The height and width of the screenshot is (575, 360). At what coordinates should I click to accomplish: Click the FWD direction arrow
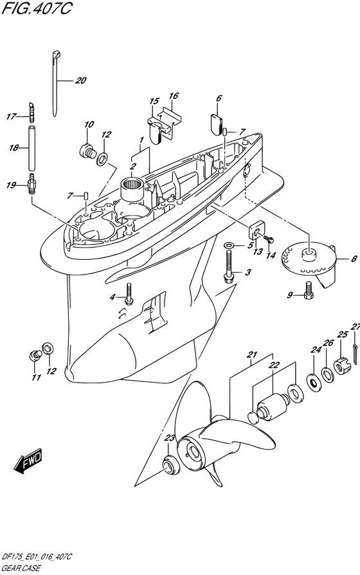28,460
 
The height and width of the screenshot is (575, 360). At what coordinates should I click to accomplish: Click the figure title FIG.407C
37,8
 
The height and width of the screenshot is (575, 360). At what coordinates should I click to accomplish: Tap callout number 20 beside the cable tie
80,80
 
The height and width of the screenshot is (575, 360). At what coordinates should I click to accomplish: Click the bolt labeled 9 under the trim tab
309,289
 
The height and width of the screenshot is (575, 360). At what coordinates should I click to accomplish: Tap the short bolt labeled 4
129,294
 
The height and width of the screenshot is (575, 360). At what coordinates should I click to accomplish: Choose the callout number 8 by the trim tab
354,259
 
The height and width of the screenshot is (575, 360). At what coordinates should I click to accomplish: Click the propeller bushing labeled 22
273,408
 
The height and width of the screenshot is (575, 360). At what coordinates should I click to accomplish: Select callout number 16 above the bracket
174,96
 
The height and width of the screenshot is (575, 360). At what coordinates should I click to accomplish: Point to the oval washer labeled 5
230,245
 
